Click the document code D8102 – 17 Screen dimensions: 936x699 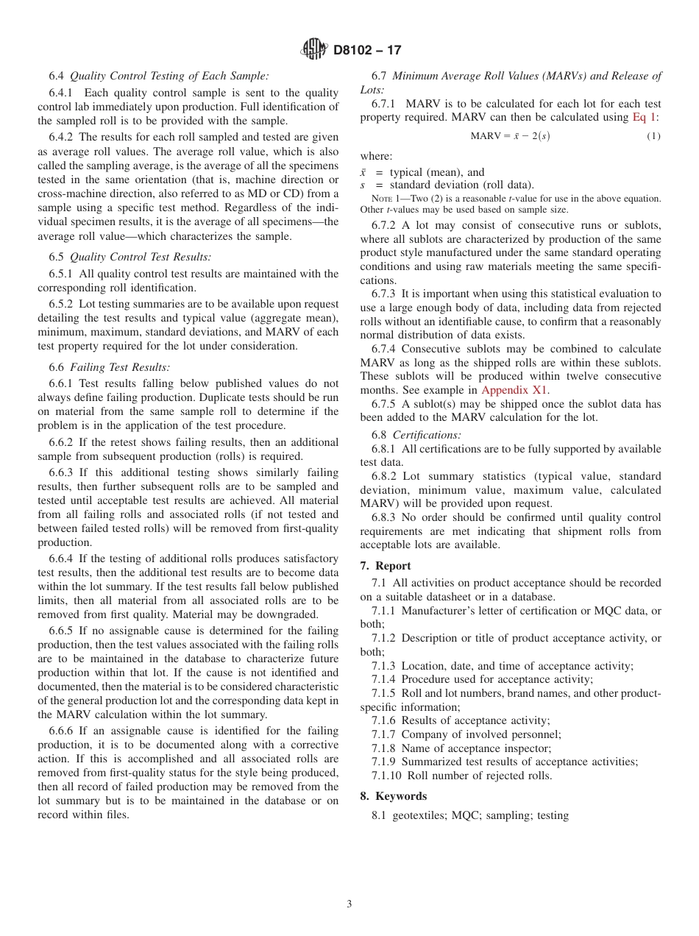coord(367,51)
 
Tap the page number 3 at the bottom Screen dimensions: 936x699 coord(349,904)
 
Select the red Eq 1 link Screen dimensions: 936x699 coord(646,118)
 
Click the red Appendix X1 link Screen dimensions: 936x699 coord(515,390)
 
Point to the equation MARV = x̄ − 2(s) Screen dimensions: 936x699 coord(510,136)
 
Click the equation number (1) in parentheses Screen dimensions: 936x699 coord(653,136)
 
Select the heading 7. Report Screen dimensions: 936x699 coord(386,566)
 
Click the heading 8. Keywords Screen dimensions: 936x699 coord(393,796)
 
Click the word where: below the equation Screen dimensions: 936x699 coord(376,156)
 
